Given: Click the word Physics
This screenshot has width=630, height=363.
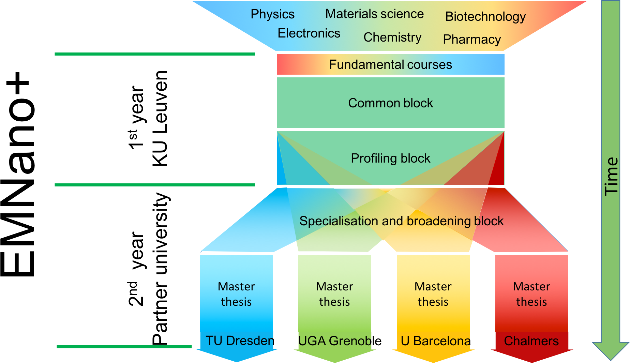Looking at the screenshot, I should [272, 14].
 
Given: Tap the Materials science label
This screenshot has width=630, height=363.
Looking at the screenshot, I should [374, 14].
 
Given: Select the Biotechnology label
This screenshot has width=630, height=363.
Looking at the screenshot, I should [485, 17].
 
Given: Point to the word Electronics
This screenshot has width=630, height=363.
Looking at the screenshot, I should [309, 33].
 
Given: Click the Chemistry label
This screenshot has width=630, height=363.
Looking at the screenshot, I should [392, 37].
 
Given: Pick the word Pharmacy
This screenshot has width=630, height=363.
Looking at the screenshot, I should [472, 40].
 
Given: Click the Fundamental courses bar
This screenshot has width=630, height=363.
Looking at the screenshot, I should [390, 64].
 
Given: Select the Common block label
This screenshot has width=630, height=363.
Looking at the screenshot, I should [390, 103].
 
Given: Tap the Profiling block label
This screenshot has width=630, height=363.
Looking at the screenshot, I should [390, 158].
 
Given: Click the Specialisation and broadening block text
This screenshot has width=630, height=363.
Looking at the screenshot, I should [401, 221].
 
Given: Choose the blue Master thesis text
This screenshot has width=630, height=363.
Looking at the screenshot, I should [236, 294].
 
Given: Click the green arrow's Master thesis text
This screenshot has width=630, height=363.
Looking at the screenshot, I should [334, 294].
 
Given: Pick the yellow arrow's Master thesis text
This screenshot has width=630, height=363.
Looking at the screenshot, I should [433, 294].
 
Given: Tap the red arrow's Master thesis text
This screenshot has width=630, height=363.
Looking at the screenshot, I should [531, 294].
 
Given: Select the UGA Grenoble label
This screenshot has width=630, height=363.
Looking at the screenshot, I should [334, 341].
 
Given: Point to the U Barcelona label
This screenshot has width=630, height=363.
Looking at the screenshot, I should [435, 341].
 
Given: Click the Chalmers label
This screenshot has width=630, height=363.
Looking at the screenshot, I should [531, 341].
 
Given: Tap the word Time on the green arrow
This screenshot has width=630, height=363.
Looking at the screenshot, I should [611, 176].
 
